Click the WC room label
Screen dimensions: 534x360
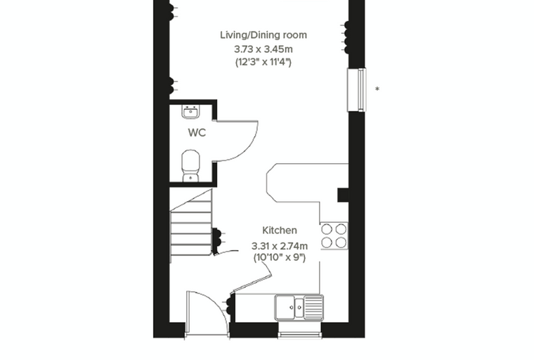(197, 133)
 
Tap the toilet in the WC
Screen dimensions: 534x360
(190, 166)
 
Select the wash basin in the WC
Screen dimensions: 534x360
(190, 112)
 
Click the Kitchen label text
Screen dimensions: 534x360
(280, 231)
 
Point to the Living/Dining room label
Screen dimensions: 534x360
(263, 34)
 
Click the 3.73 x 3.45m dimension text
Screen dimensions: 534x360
(263, 49)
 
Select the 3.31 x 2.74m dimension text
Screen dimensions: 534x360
(280, 246)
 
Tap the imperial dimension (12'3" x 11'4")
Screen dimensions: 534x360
(263, 63)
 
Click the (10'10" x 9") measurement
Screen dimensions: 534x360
(280, 257)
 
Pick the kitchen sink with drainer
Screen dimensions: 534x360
(299, 308)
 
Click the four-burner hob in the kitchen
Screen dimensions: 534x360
(334, 236)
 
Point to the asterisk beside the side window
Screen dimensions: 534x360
(377, 89)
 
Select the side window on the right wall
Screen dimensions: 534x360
(356, 90)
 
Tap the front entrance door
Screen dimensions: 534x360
(207, 314)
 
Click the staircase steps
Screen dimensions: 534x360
(190, 226)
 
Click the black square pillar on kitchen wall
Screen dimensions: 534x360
(343, 195)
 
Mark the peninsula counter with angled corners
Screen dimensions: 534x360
(307, 183)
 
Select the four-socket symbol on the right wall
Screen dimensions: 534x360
(345, 37)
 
